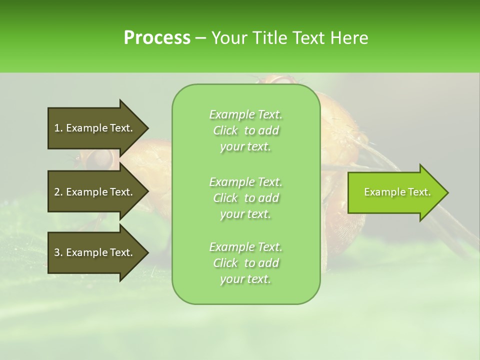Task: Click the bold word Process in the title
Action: pos(157,38)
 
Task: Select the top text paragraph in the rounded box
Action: pos(245,130)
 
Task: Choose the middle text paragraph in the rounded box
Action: pos(245,198)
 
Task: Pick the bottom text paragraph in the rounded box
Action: pos(245,263)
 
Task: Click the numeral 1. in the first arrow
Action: pos(58,128)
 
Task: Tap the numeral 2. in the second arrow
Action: pos(58,192)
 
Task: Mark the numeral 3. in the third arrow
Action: pos(58,252)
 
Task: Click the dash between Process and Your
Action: pos(200,38)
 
